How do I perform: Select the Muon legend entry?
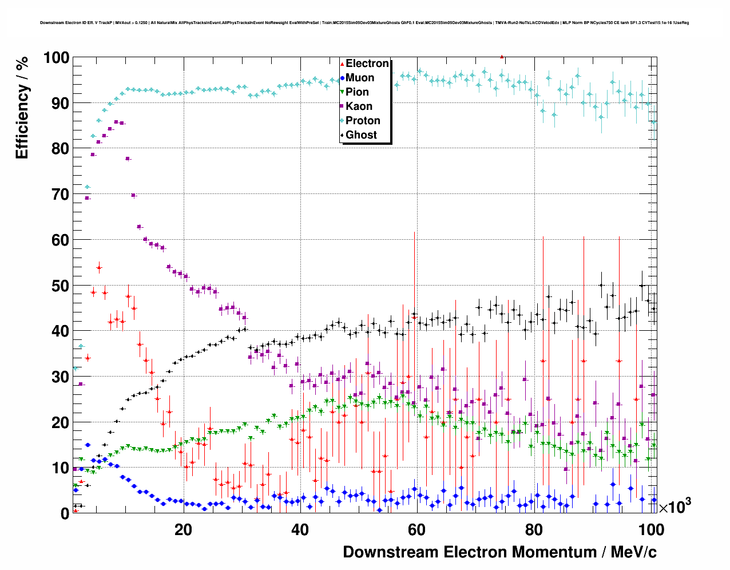pyautogui.click(x=359, y=78)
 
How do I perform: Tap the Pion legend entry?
pyautogui.click(x=357, y=92)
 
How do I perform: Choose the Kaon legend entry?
pyautogui.click(x=359, y=106)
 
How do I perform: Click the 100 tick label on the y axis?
pyautogui.click(x=56, y=58)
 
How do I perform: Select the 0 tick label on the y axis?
pyautogui.click(x=65, y=513)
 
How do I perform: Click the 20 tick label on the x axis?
pyautogui.click(x=183, y=530)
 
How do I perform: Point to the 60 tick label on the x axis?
pyautogui.click(x=416, y=530)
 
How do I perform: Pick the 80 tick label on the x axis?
pyautogui.click(x=534, y=530)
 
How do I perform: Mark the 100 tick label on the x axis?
pyautogui.click(x=651, y=530)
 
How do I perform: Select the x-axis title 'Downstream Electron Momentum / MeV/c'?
pyautogui.click(x=499, y=552)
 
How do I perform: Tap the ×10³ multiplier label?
pyautogui.click(x=675, y=506)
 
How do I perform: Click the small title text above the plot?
pyautogui.click(x=364, y=23)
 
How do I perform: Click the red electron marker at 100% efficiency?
pyautogui.click(x=502, y=57)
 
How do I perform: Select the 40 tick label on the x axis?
pyautogui.click(x=300, y=530)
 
